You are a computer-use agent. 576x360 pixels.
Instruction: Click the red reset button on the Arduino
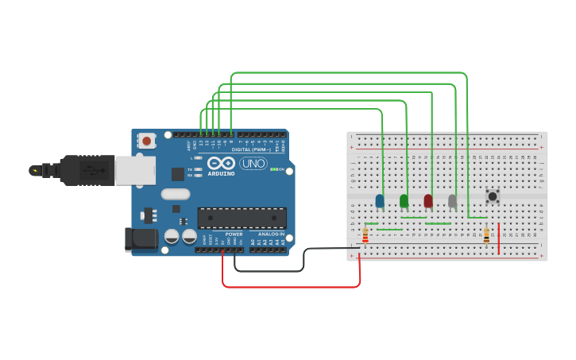click(147, 141)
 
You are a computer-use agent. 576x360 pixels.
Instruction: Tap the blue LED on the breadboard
click(380, 201)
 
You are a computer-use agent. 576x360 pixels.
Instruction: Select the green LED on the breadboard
click(404, 201)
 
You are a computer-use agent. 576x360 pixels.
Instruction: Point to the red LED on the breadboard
click(428, 201)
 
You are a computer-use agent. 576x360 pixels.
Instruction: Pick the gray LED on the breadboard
click(453, 201)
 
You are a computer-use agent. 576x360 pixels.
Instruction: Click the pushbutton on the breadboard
click(493, 195)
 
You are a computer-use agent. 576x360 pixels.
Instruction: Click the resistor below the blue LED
click(365, 235)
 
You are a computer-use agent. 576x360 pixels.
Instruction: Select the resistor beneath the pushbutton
click(486, 235)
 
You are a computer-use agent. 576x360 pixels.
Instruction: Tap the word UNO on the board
click(253, 163)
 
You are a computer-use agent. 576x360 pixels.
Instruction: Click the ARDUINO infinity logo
click(221, 163)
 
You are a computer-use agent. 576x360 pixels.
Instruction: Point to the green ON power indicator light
click(273, 169)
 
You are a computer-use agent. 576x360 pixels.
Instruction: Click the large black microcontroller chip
click(242, 218)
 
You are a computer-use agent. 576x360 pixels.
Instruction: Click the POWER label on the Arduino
click(234, 234)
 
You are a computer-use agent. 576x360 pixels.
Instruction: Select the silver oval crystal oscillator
click(176, 194)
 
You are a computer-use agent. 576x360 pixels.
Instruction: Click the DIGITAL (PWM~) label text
click(251, 149)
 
